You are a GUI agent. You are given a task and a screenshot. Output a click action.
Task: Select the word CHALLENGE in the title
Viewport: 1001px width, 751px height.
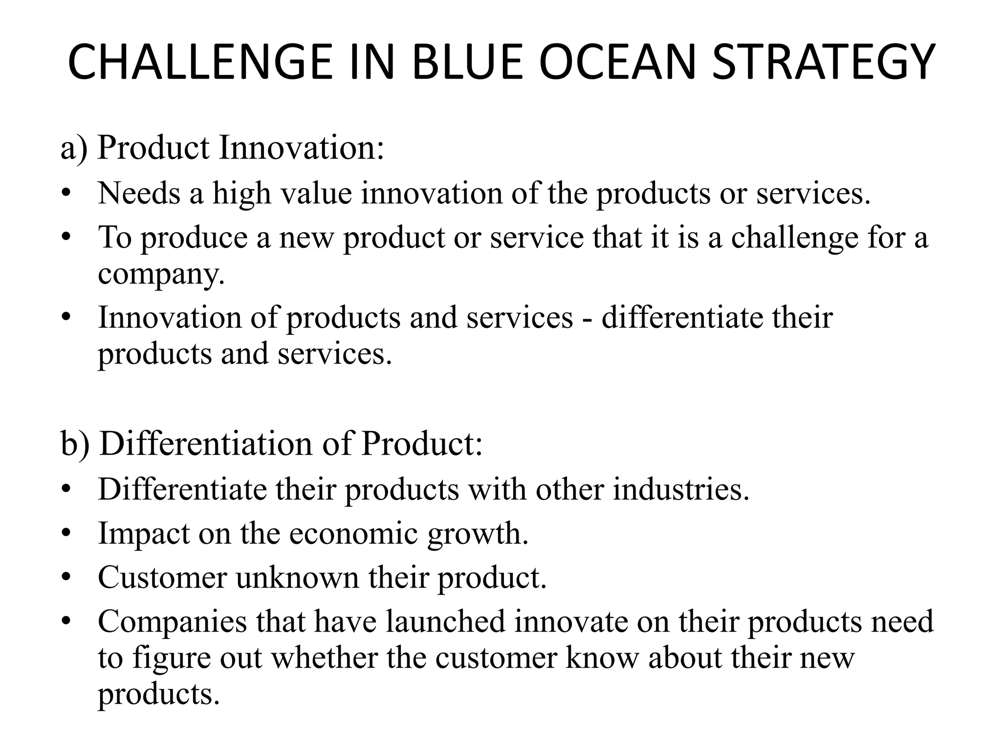tap(199, 63)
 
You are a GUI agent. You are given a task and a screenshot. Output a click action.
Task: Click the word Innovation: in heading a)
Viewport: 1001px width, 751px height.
tap(301, 148)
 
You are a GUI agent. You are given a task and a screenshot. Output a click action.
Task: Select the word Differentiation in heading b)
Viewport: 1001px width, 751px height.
tap(206, 444)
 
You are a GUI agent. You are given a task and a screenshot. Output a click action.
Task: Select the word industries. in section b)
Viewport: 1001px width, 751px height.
tap(681, 489)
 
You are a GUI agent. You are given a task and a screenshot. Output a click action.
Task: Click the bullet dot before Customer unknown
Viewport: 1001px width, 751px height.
tap(66, 578)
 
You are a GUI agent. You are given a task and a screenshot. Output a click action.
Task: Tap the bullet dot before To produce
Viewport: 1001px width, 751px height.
tap(66, 238)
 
